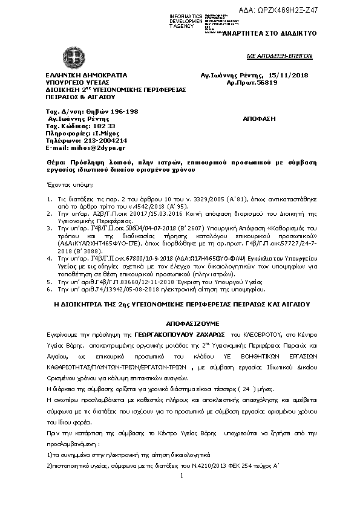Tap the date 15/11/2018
(x=292, y=75)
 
